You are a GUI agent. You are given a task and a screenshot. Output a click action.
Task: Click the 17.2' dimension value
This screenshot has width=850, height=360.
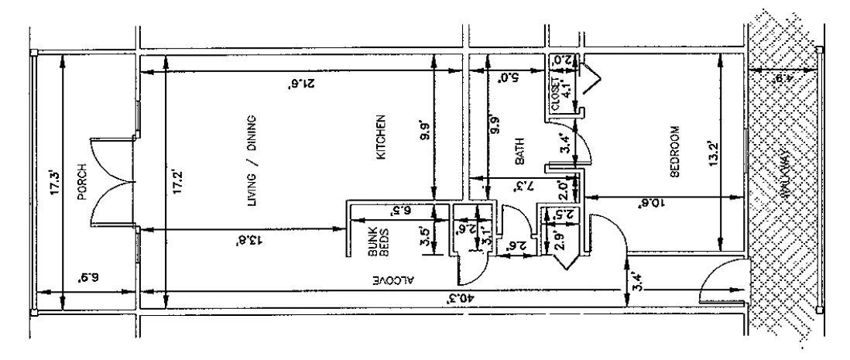(177, 188)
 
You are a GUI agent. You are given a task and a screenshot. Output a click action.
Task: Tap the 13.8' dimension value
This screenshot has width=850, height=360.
(248, 240)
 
